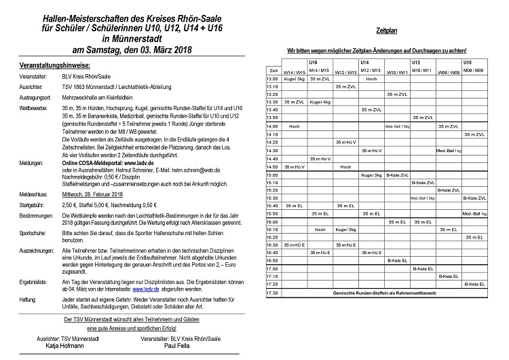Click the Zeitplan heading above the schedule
[x=386, y=32]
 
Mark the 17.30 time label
[x=274, y=293]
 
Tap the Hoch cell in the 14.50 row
[x=346, y=166]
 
